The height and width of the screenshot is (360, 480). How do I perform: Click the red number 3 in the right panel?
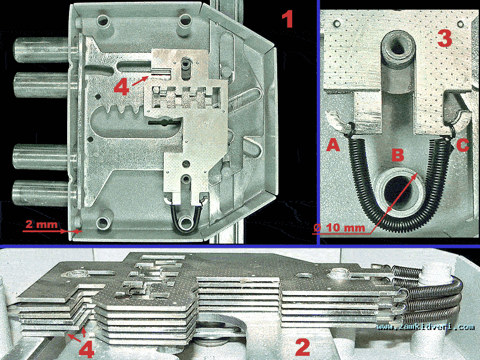pyautogui.click(x=445, y=38)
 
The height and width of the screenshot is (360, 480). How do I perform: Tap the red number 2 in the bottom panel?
pyautogui.click(x=303, y=347)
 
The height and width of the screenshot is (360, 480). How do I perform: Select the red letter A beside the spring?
pyautogui.click(x=333, y=145)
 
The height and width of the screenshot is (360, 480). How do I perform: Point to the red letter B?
pyautogui.click(x=398, y=155)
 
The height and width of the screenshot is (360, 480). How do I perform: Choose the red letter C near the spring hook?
pyautogui.click(x=463, y=145)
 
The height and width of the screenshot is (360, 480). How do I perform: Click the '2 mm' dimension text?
pyautogui.click(x=41, y=224)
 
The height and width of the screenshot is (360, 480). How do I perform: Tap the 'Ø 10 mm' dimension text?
pyautogui.click(x=339, y=228)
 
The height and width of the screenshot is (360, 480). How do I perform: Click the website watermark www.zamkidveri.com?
pyautogui.click(x=425, y=326)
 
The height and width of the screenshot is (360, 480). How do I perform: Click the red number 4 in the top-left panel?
pyautogui.click(x=122, y=88)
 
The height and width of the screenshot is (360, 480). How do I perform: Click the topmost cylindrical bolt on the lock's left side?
pyautogui.click(x=42, y=50)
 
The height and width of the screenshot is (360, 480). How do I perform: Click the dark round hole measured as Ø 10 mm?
pyautogui.click(x=399, y=192)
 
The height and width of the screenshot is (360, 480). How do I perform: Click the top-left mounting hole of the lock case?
pyautogui.click(x=103, y=21)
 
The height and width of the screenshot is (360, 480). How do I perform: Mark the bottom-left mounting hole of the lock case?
pyautogui.click(x=103, y=223)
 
